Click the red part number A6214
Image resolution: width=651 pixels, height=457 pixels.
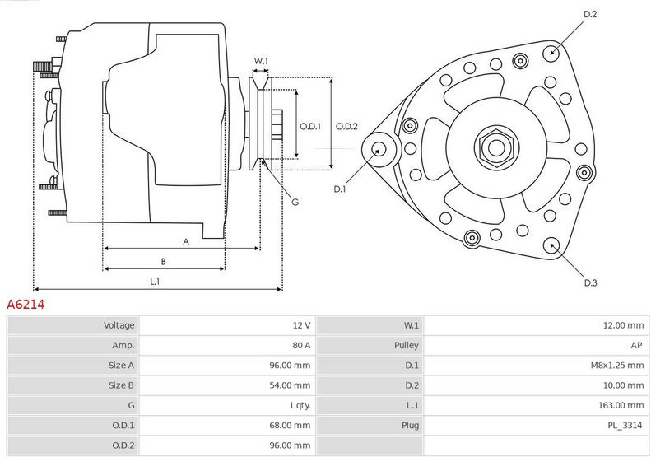[x=26, y=305]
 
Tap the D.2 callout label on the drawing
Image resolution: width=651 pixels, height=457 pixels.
[x=590, y=14]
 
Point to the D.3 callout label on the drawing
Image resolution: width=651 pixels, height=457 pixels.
[x=590, y=283]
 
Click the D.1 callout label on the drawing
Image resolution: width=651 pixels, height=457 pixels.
[x=340, y=189]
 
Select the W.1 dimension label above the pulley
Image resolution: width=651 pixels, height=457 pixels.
[x=261, y=61]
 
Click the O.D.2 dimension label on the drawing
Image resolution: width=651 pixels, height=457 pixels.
[x=346, y=126]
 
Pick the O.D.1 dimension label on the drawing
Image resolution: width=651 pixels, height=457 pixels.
[x=309, y=126]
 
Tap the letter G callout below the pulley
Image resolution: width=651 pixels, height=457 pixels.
[x=295, y=202]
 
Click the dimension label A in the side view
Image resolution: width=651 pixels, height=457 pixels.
[x=186, y=241]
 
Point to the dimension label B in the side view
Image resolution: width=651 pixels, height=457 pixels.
[x=163, y=262]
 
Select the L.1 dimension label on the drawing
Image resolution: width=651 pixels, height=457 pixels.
[x=154, y=282]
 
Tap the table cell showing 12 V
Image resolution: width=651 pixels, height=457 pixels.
[x=301, y=325]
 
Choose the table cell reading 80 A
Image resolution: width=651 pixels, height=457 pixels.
[x=301, y=345]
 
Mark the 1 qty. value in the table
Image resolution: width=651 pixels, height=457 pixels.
[x=300, y=405]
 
